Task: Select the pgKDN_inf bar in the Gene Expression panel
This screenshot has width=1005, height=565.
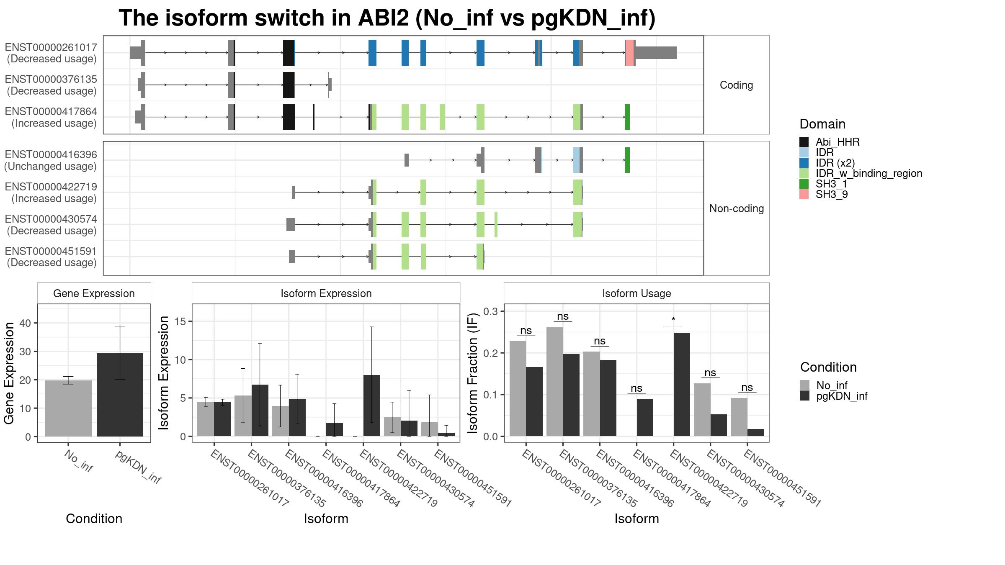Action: point(120,395)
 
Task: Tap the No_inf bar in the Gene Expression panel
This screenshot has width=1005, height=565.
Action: point(68,408)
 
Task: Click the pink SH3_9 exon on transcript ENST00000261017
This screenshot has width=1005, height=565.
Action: point(629,53)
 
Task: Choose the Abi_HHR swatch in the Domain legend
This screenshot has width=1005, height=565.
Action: point(804,142)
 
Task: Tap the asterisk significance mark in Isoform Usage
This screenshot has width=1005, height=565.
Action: point(673,320)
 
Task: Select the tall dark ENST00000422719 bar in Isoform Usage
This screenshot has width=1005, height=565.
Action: point(682,384)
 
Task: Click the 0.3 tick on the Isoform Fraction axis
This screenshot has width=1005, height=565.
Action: point(491,311)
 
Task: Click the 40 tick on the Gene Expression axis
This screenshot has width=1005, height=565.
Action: point(25,323)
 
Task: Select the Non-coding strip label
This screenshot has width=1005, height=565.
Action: point(737,208)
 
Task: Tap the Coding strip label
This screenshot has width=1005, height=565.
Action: point(736,85)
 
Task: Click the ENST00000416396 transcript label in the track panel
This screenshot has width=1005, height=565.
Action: point(51,154)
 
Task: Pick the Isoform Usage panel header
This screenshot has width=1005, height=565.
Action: point(636,293)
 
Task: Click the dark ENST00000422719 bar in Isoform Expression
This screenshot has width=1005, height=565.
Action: point(372,406)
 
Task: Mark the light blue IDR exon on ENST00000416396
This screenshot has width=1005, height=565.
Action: point(577,160)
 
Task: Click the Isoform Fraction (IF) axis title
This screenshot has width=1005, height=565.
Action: point(472,373)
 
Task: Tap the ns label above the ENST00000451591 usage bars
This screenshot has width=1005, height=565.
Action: point(747,388)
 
